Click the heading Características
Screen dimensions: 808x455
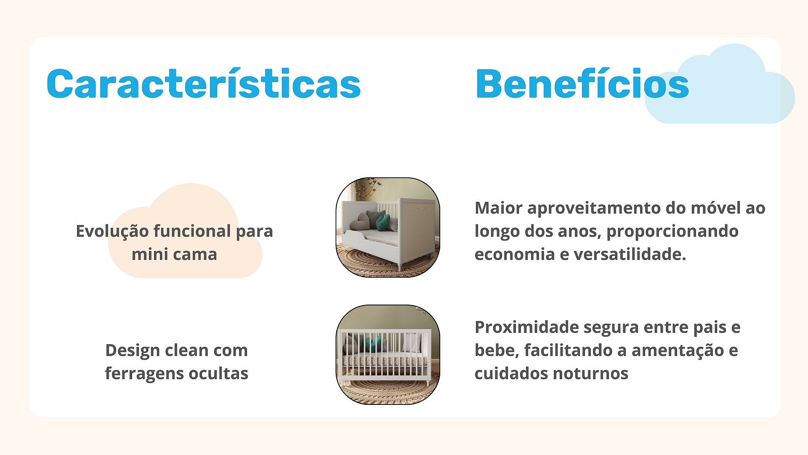pos(204,83)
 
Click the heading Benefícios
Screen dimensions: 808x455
pos(582,83)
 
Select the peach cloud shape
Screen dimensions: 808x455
pos(185,231)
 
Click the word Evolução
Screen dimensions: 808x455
pos(112,231)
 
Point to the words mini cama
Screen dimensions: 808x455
pos(174,254)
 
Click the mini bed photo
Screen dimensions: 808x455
pos(388,227)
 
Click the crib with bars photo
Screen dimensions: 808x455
pos(388,355)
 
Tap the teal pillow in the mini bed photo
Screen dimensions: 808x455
pos(383,222)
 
